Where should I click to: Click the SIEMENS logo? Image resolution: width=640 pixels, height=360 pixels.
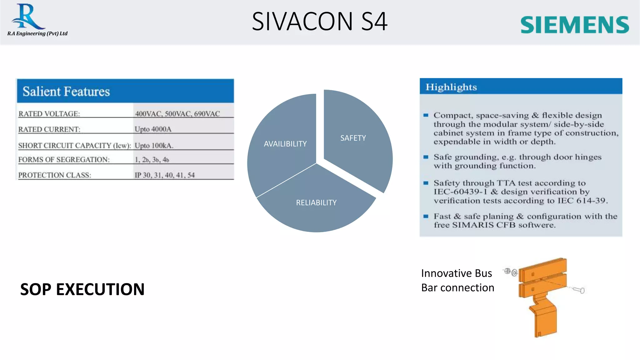pyautogui.click(x=574, y=25)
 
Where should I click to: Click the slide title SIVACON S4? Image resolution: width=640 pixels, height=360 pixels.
pyautogui.click(x=319, y=21)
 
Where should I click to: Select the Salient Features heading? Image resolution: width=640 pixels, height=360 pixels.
pyautogui.click(x=66, y=92)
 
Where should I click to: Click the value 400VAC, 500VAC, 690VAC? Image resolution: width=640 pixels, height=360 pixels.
pyautogui.click(x=177, y=114)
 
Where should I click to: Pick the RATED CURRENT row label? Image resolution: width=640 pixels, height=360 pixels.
pyautogui.click(x=49, y=129)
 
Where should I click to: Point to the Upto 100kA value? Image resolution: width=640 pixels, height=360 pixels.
pyautogui.click(x=154, y=146)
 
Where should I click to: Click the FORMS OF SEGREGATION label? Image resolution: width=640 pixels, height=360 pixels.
pyautogui.click(x=64, y=160)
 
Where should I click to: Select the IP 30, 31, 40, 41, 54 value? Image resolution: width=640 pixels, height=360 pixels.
pyautogui.click(x=164, y=175)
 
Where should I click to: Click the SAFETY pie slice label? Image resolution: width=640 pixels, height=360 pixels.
pyautogui.click(x=353, y=138)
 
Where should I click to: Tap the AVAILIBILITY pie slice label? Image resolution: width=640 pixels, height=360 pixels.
pyautogui.click(x=285, y=144)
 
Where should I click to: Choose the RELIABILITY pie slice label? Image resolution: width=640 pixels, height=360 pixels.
pyautogui.click(x=316, y=203)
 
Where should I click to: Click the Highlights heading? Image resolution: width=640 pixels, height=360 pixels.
pyautogui.click(x=451, y=87)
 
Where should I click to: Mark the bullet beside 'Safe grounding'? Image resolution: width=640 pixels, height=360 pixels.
pyautogui.click(x=426, y=157)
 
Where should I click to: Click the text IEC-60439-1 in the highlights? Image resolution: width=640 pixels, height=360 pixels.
pyautogui.click(x=460, y=192)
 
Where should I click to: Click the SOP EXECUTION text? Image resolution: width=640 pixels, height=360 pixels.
pyautogui.click(x=82, y=289)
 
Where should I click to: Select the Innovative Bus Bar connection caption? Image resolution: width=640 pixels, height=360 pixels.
pyautogui.click(x=457, y=280)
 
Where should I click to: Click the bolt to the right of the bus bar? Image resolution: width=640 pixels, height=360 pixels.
pyautogui.click(x=579, y=290)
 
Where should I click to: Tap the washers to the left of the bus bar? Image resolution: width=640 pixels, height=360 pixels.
pyautogui.click(x=510, y=272)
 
